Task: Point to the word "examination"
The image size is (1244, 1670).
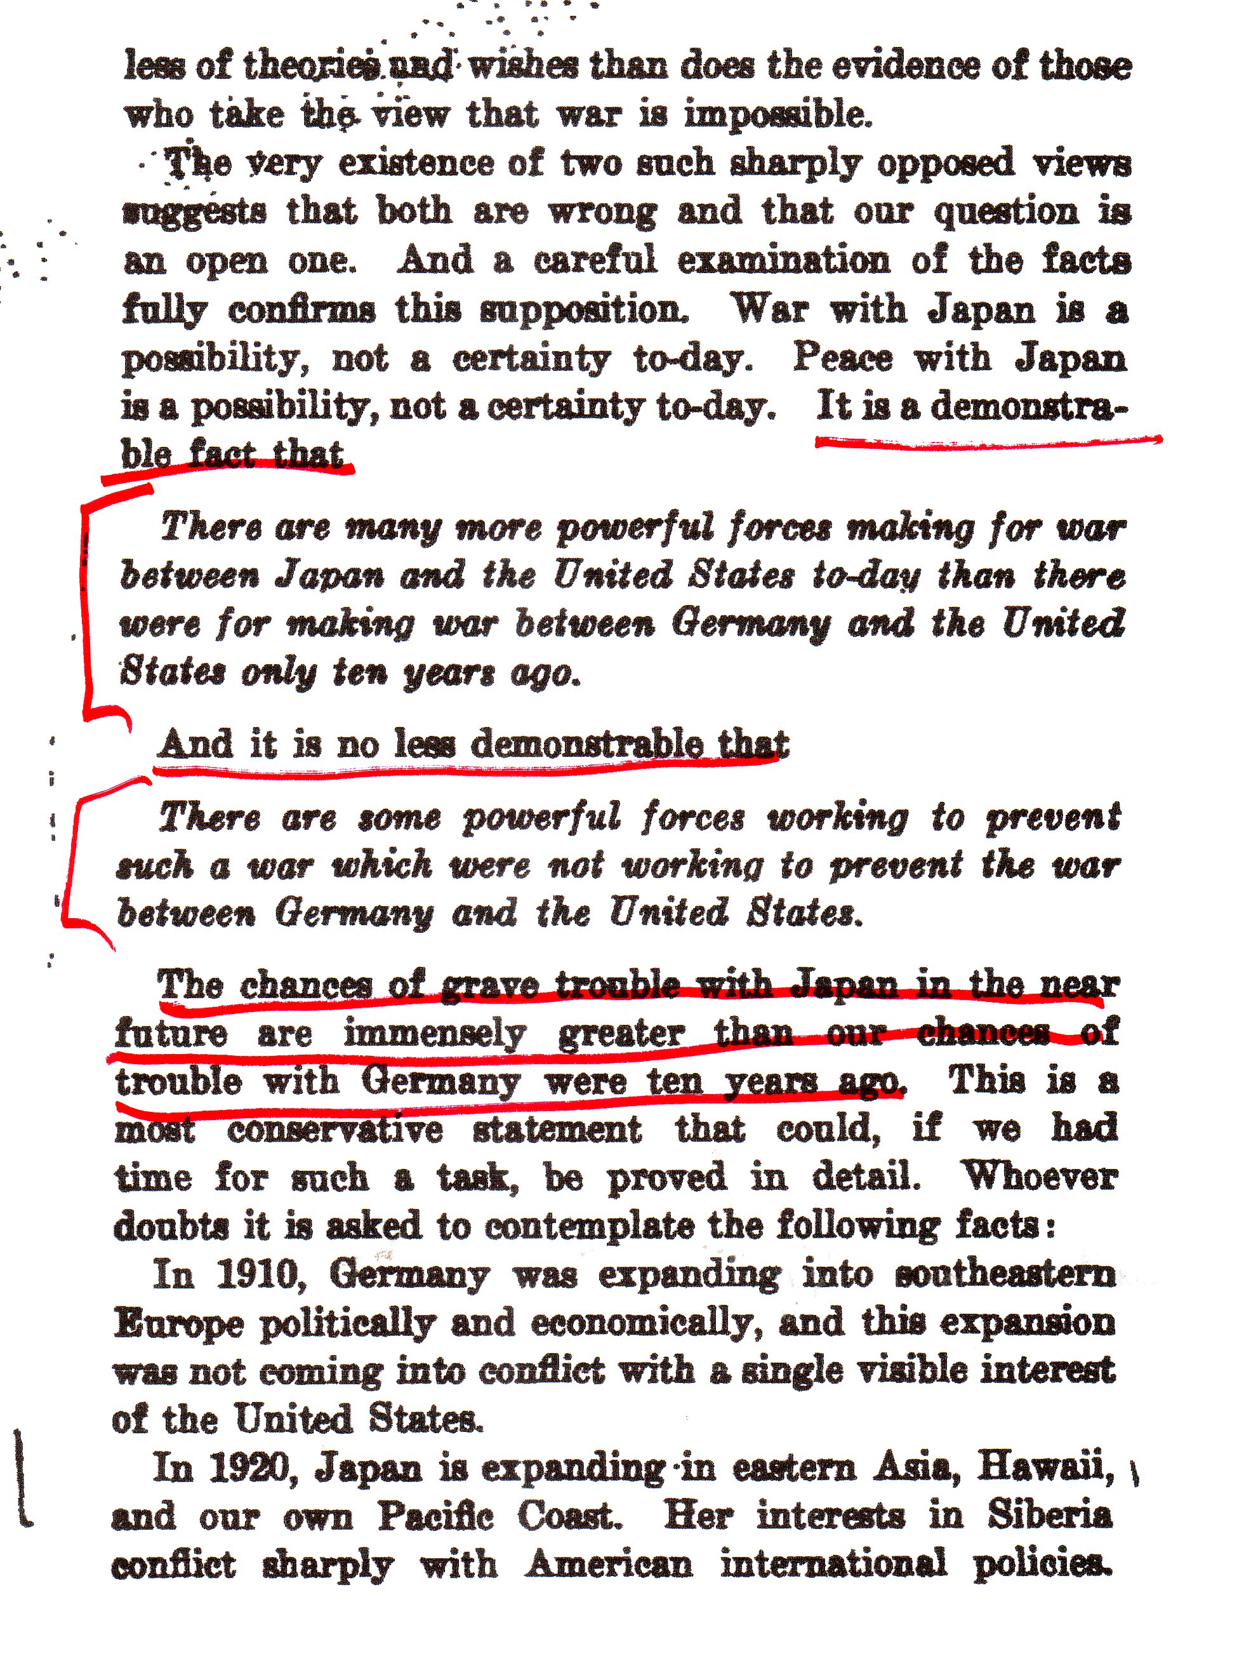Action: coord(783,260)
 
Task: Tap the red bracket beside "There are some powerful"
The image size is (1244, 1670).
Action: coord(72,858)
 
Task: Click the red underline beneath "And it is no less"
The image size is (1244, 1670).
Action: coord(467,768)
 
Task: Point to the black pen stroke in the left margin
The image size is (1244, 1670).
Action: coord(21,1476)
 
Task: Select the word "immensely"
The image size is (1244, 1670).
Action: coord(435,1034)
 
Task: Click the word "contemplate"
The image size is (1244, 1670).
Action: coord(588,1226)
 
